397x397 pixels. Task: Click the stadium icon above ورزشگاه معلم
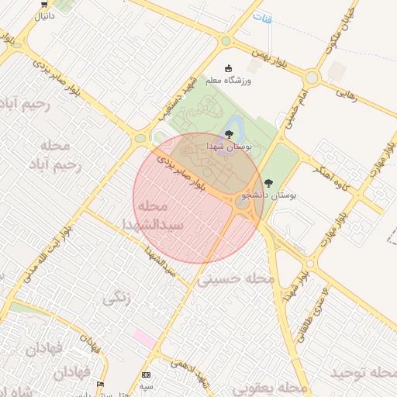click(x=227, y=67)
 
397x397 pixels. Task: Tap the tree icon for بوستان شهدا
click(x=228, y=134)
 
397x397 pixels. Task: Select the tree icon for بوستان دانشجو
click(x=268, y=183)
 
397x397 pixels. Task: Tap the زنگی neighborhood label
click(x=116, y=295)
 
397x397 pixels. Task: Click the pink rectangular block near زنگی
click(x=143, y=337)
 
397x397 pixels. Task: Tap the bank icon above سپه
click(x=147, y=375)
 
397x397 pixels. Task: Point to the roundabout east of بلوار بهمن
click(x=312, y=78)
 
